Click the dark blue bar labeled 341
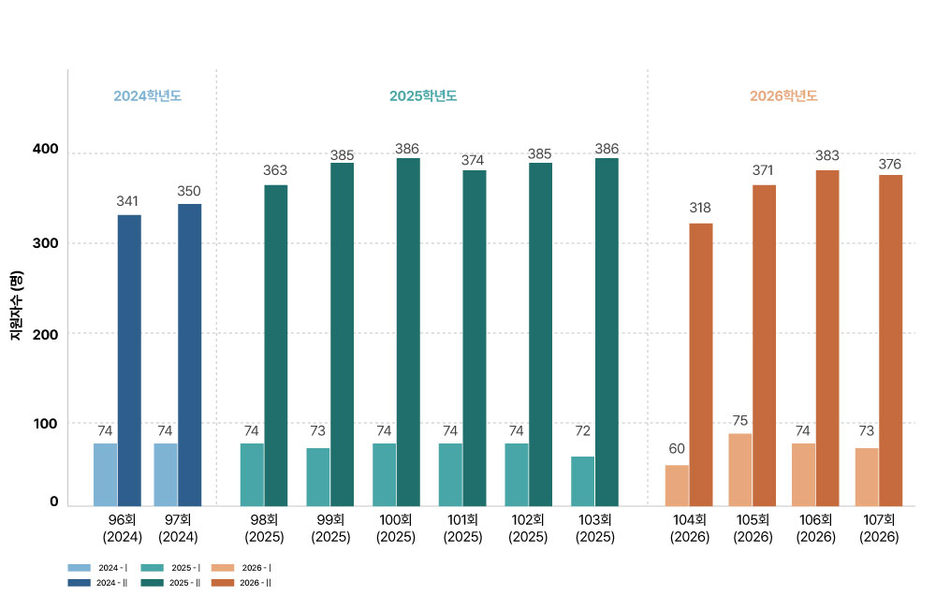(x=129, y=360)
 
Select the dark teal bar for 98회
(x=276, y=345)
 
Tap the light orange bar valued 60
(x=677, y=486)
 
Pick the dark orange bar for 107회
(x=891, y=341)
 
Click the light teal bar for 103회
(x=582, y=482)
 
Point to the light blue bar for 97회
(x=166, y=475)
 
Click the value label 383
(x=827, y=156)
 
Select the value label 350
(x=189, y=191)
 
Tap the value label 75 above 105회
(x=740, y=421)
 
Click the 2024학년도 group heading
(x=148, y=96)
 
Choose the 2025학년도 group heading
(x=423, y=96)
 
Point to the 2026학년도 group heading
(x=783, y=96)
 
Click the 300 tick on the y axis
(x=45, y=243)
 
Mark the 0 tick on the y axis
(x=53, y=501)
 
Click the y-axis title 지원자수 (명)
(x=17, y=306)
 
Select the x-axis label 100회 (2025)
(x=396, y=529)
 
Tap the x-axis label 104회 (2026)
(x=690, y=529)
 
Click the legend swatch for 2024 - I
(x=80, y=568)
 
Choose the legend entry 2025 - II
(x=170, y=583)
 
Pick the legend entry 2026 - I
(x=241, y=568)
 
